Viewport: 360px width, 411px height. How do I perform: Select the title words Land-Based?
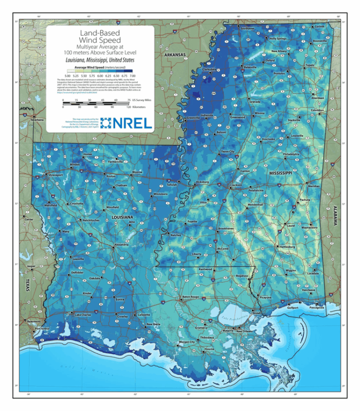point(100,33)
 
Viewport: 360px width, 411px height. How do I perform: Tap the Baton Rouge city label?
point(190,297)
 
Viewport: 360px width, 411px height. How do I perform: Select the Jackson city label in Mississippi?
point(237,185)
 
